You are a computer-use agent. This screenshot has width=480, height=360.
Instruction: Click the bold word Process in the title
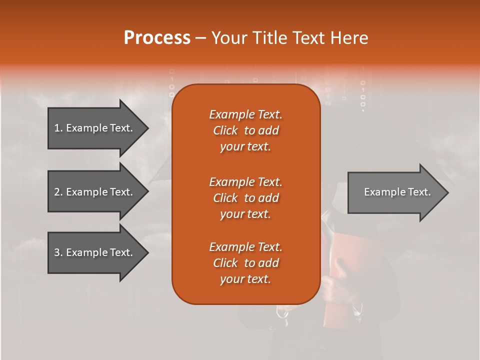[x=157, y=38]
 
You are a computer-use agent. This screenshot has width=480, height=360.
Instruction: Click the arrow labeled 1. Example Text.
[x=95, y=128]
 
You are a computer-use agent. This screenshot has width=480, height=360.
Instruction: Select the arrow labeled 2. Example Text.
[x=95, y=192]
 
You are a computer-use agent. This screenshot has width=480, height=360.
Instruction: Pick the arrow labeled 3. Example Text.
[x=95, y=252]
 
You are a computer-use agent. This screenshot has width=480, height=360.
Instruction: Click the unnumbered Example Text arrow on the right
[x=395, y=192]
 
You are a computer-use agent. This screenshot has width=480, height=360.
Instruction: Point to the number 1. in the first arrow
[x=58, y=128]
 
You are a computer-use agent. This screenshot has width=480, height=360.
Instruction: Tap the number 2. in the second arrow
[x=58, y=192]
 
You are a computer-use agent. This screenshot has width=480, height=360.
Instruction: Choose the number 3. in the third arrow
[x=58, y=252]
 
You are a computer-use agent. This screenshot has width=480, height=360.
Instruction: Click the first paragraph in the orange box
[x=245, y=130]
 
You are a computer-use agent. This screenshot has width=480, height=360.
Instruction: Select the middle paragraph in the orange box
[x=245, y=198]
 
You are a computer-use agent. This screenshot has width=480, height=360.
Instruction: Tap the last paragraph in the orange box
[x=245, y=263]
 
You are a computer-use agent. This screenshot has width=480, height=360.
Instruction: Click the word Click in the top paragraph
[x=225, y=130]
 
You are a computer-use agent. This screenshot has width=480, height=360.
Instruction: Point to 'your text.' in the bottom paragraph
[x=245, y=279]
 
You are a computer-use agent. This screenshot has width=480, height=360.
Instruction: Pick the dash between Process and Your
[x=200, y=38]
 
